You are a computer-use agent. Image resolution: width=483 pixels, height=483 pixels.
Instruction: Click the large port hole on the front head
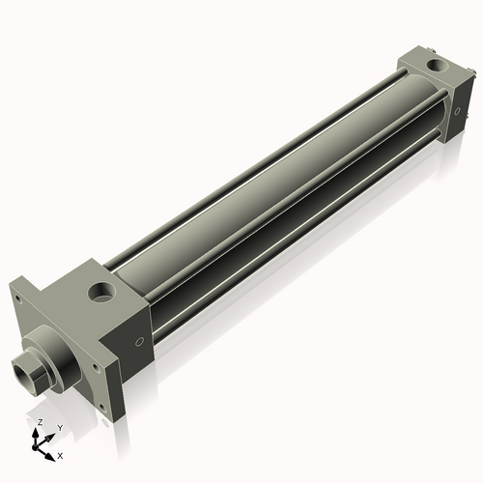pos(99,290)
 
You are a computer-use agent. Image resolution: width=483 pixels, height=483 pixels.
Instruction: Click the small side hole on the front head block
pos(140,340)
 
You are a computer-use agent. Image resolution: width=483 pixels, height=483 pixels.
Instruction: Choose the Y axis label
pos(59,428)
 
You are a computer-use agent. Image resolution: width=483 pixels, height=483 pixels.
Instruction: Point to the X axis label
pos(60,454)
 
